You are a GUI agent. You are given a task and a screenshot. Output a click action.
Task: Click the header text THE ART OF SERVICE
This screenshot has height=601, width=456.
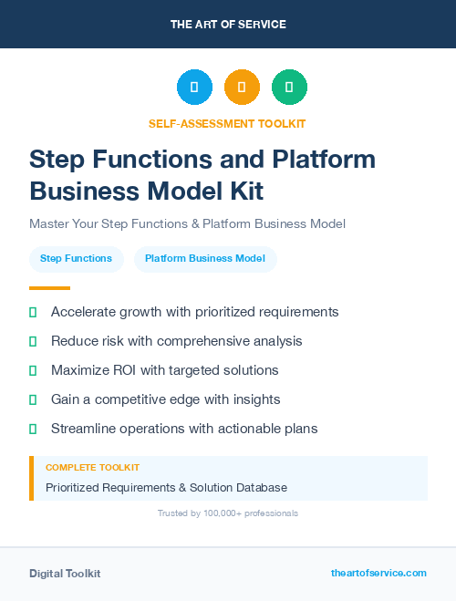click(x=228, y=25)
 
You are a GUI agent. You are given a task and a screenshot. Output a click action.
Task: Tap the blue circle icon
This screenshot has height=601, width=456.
click(x=194, y=88)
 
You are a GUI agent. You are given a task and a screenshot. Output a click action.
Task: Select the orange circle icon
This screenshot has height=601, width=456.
click(x=242, y=88)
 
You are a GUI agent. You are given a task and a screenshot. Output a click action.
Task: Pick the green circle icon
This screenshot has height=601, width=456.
click(x=289, y=88)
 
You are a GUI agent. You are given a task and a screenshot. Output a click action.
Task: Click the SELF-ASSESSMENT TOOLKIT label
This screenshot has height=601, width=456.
click(x=228, y=123)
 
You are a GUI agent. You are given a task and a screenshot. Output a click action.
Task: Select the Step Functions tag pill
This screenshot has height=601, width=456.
click(x=76, y=259)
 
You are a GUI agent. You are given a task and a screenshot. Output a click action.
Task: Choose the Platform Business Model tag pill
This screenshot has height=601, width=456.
click(x=205, y=259)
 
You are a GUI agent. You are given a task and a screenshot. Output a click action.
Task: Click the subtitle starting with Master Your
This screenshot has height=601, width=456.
click(x=187, y=223)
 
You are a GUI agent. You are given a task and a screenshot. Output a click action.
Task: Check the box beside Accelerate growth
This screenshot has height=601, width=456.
click(x=33, y=312)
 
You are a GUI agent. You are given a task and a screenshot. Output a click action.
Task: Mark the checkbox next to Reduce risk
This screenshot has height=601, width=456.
click(x=33, y=341)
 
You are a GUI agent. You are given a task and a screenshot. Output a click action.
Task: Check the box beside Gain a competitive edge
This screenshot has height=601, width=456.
click(x=33, y=399)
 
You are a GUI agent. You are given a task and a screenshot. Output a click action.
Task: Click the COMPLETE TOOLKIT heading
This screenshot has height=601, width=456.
click(x=92, y=468)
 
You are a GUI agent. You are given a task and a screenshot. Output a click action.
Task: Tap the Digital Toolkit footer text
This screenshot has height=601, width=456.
click(x=65, y=574)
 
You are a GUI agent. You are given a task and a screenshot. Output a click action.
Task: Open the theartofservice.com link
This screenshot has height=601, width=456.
click(x=378, y=573)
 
